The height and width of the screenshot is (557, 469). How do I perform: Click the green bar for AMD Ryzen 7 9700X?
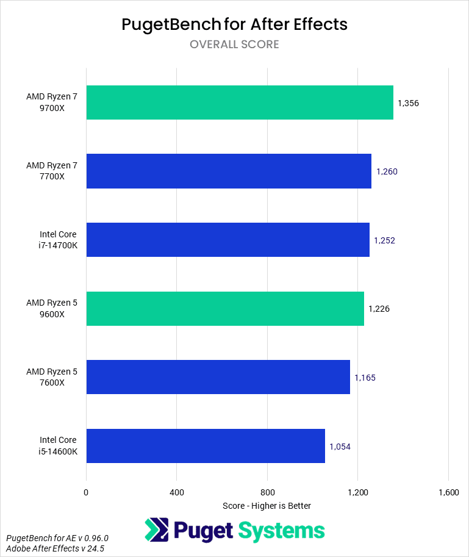239,102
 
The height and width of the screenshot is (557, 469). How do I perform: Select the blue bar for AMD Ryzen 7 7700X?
229,171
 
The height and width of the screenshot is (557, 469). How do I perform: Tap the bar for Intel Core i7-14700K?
227,240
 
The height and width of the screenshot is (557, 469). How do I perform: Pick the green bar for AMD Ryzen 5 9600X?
225,309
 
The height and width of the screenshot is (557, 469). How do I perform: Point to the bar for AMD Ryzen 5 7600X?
218,377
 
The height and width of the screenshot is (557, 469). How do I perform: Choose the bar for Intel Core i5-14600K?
206,446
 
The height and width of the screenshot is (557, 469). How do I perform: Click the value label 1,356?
408,103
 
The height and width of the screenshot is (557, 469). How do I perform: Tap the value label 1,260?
387,171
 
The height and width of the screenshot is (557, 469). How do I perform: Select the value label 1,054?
340,447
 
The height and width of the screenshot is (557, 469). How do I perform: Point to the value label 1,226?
379,309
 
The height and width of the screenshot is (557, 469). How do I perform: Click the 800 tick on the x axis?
267,492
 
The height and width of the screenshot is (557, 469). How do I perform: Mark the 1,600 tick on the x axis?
448,492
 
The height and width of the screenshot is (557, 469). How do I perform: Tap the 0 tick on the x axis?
86,492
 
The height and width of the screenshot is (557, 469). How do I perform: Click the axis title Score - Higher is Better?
267,506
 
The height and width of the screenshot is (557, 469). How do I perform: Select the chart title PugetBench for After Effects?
234,24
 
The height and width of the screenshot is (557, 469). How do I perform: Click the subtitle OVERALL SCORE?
234,44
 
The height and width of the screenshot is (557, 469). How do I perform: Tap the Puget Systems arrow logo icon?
157,530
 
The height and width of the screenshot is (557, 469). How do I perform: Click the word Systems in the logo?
281,530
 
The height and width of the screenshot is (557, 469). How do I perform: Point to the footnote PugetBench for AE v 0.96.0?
57,538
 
